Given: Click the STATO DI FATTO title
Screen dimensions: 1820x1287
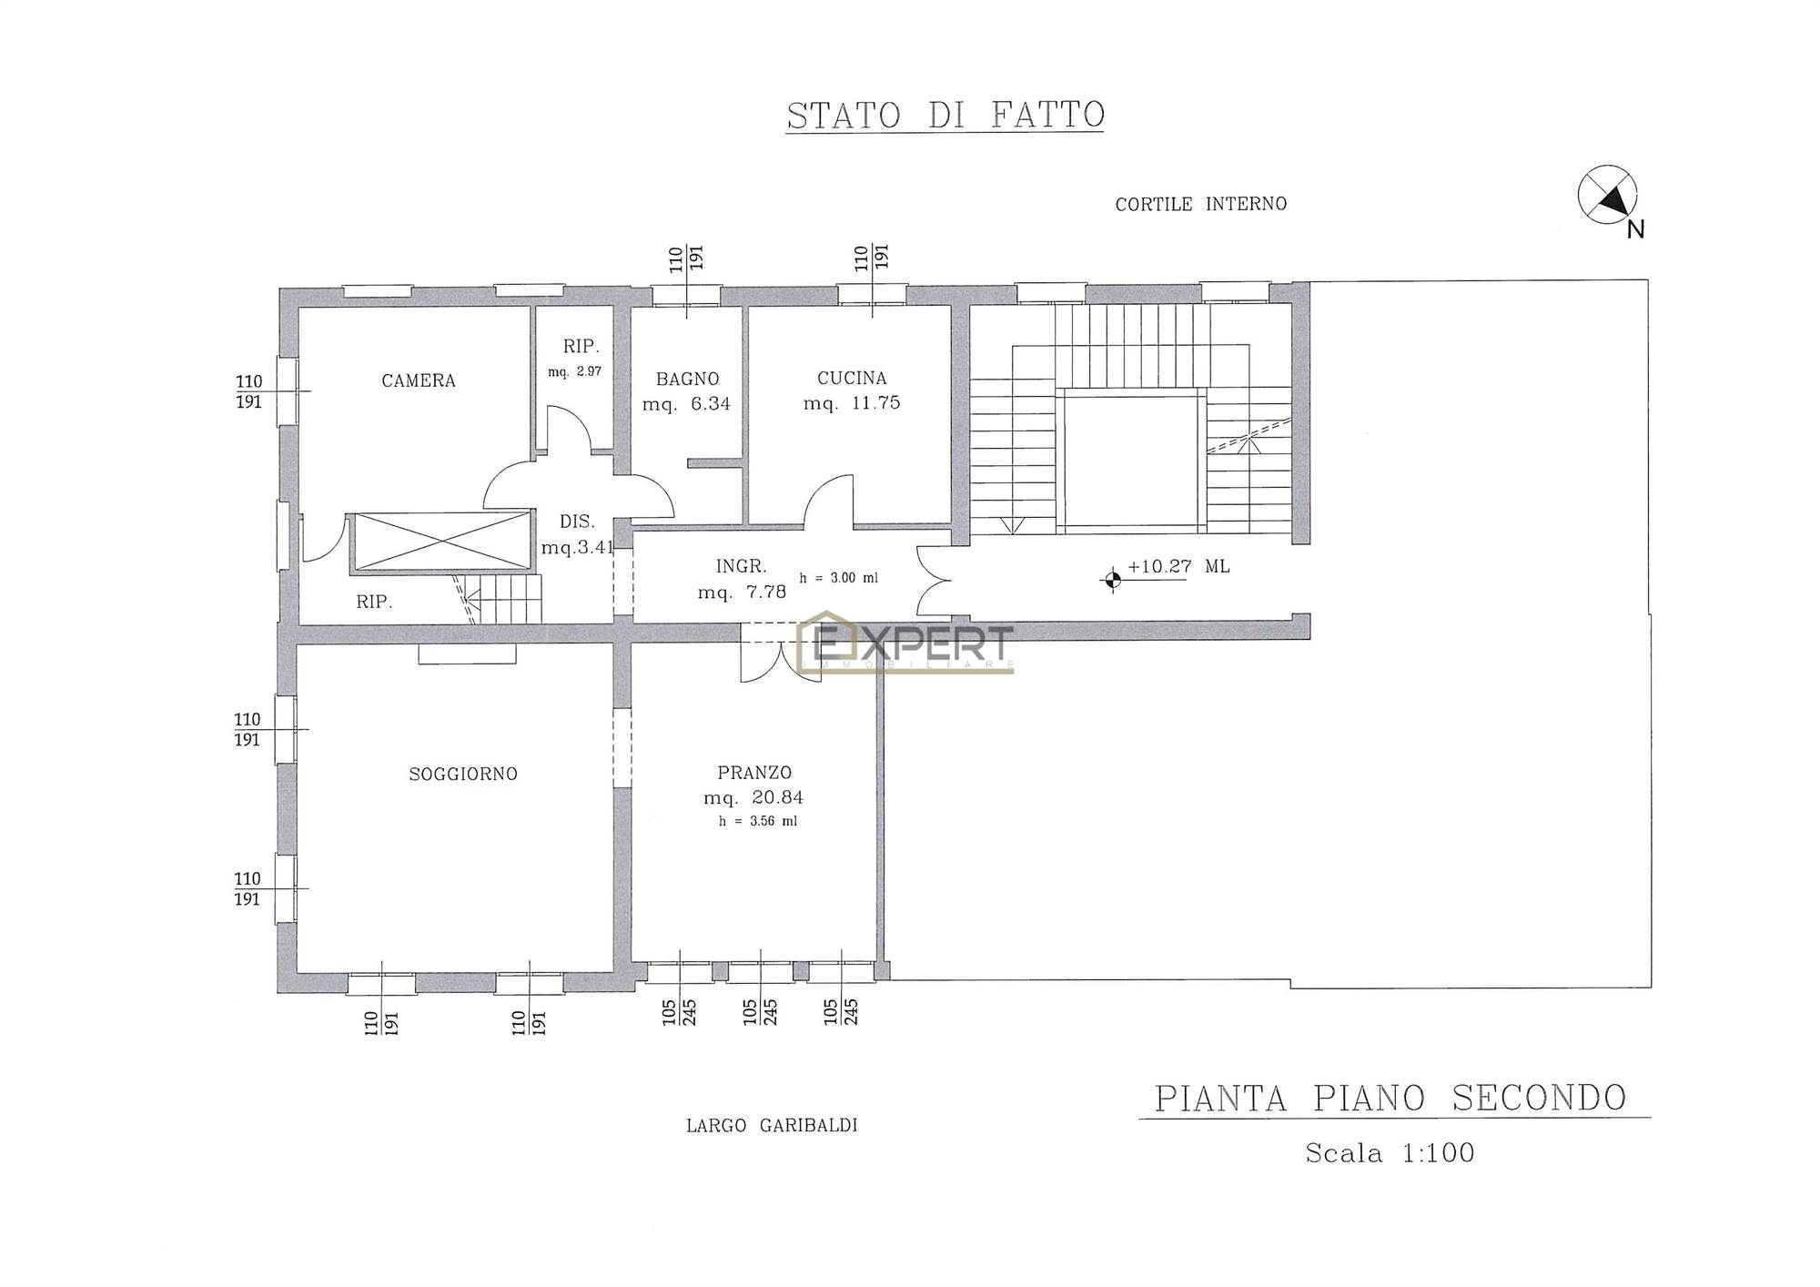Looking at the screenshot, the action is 945,116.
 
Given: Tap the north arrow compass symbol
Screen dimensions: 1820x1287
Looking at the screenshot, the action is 1607,195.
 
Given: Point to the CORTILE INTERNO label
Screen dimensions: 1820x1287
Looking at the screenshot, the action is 1201,204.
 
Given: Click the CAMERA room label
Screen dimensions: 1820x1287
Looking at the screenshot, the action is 419,380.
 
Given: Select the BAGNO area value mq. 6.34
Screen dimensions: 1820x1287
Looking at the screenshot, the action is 687,404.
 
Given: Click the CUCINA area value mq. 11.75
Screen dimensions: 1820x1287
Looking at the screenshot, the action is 852,403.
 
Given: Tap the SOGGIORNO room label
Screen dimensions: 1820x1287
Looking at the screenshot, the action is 463,774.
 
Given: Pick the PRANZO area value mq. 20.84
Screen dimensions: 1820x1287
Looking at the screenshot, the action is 753,798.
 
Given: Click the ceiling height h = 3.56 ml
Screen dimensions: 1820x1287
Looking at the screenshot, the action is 758,821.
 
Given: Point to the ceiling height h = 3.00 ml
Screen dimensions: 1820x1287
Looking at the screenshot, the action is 839,578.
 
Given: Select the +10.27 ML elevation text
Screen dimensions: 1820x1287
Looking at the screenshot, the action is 1178,567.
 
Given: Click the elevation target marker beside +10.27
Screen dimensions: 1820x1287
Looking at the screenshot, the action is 1111,578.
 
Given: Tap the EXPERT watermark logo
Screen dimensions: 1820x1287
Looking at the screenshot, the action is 905,642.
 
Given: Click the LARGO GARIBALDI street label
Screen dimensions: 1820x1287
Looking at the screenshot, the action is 772,1125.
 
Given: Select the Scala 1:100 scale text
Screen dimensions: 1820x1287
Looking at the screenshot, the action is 1390,1153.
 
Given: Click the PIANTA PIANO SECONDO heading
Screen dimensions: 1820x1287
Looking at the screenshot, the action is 1390,1099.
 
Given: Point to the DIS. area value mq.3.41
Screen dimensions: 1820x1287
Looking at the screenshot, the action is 578,548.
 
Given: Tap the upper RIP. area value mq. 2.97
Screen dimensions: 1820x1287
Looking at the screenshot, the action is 574,371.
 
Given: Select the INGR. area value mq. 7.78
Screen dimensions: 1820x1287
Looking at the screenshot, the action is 742,592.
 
